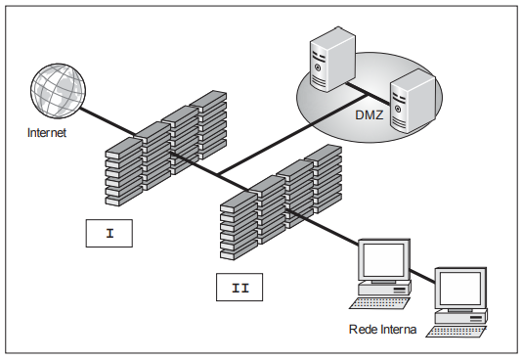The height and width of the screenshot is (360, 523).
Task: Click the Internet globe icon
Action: (x=58, y=91)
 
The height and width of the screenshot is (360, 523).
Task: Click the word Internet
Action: (x=47, y=133)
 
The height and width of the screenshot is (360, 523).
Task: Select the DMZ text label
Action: (x=370, y=115)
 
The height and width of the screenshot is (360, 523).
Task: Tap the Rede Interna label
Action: (x=382, y=330)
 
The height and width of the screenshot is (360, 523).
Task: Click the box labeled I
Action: (x=109, y=233)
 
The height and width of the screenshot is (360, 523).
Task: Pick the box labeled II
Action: (x=240, y=288)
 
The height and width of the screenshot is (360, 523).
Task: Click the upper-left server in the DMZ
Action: (x=332, y=59)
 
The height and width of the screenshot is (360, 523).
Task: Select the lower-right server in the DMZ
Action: (x=413, y=102)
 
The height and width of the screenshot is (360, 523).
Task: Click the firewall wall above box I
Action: (x=166, y=148)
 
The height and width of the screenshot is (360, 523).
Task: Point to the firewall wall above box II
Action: (x=281, y=202)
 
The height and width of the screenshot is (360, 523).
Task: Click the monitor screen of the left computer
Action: (x=383, y=260)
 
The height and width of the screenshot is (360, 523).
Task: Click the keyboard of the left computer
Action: (x=379, y=303)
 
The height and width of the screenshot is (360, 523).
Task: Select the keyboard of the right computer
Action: (x=457, y=332)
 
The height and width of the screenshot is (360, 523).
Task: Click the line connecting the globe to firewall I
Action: (x=108, y=122)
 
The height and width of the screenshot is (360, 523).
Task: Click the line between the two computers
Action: (x=422, y=276)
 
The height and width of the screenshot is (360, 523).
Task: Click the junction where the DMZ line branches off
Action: (x=218, y=174)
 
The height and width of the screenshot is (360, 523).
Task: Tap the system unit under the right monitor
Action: (x=460, y=317)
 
